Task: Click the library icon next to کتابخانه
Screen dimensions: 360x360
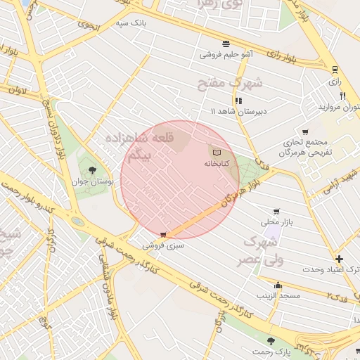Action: tap(217, 153)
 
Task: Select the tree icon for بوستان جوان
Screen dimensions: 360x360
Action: tap(92, 169)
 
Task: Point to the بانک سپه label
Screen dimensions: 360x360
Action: tap(133, 22)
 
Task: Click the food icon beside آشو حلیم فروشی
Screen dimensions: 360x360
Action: tap(226, 43)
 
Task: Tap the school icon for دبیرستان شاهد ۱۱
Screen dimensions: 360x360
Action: tap(239, 101)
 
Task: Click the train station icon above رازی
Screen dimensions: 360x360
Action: tap(335, 70)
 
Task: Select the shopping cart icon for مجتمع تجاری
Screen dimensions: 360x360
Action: tap(305, 131)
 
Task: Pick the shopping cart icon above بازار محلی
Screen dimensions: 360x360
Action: tap(276, 211)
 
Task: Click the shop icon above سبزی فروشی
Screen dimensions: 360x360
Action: tap(164, 235)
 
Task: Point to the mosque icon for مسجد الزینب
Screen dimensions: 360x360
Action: tap(278, 285)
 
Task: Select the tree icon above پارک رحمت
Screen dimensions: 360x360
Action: tap(271, 340)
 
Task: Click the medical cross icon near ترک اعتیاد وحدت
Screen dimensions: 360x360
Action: tap(340, 259)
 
